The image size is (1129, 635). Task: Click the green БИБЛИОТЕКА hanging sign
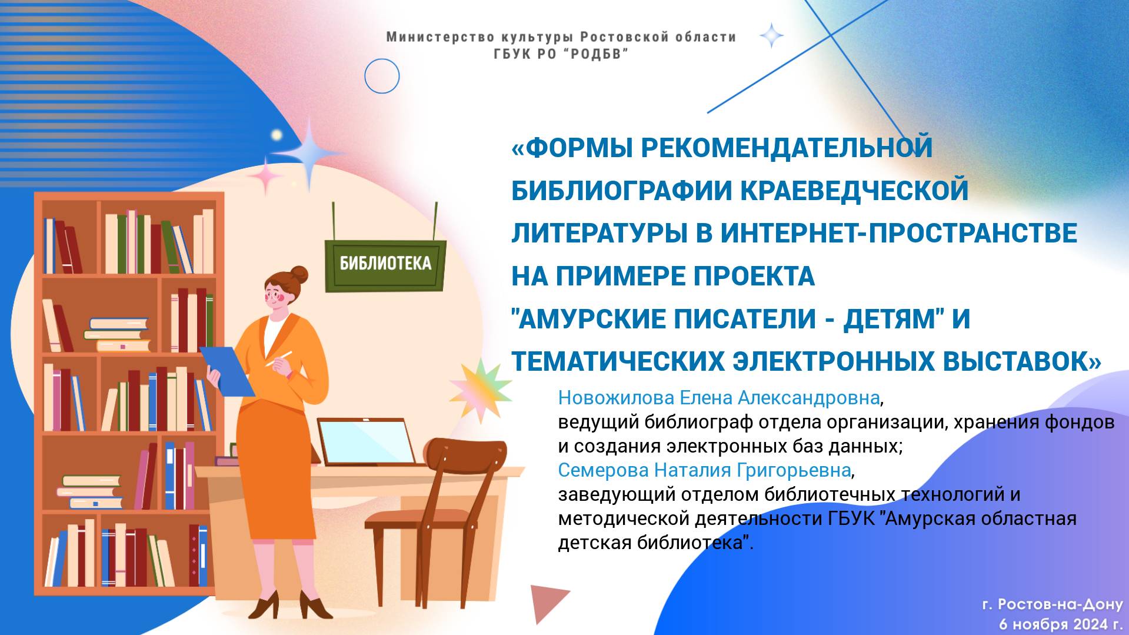[385, 264]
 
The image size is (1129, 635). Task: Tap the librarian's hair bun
[299, 274]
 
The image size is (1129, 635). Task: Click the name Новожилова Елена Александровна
[718, 398]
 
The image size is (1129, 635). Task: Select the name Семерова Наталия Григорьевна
[704, 470]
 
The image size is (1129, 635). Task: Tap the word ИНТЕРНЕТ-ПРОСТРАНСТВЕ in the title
[898, 233]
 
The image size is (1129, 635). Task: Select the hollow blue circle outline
[382, 76]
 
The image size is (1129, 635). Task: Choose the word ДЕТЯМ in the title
[889, 319]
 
